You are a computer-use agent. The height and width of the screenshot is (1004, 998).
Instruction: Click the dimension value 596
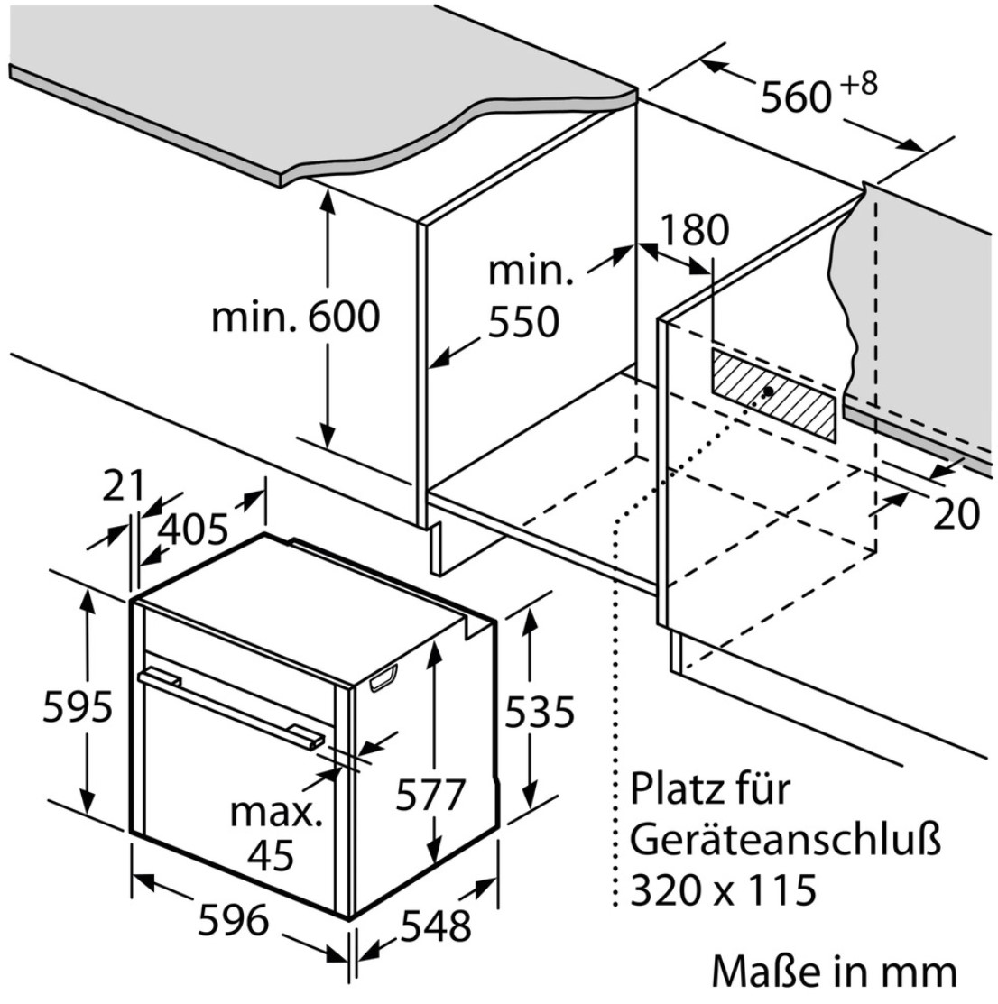pos(233,921)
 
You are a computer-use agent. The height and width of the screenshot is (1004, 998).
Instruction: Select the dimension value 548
pos(436,926)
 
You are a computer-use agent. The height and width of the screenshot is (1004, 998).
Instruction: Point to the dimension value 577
pos(430,795)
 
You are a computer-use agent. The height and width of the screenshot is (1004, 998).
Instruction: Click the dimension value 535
pos(540,712)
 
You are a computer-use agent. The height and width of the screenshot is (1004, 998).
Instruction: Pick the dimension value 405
pos(193,530)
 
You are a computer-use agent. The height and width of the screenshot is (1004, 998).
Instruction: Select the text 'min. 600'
pos(295,317)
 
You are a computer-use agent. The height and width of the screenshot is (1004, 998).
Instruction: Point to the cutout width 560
pos(795,98)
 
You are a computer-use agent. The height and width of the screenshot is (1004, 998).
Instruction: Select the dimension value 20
pos(956,513)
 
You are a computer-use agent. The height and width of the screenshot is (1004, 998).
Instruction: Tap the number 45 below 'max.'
pos(271,854)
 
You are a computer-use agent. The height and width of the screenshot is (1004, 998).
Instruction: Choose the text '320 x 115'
pos(724,889)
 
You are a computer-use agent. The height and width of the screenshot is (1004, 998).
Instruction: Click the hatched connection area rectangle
pos(772,395)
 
